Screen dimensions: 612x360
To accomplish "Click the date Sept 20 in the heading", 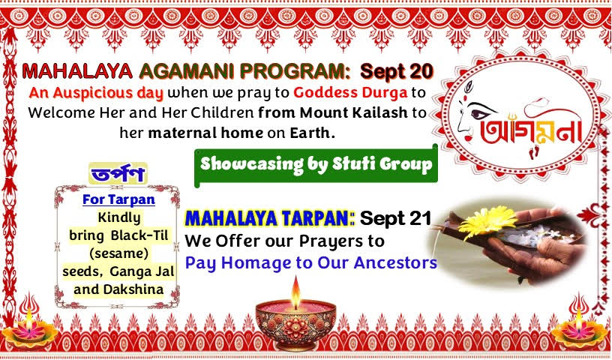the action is point(397,71).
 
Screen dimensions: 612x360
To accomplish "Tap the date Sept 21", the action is point(395,218).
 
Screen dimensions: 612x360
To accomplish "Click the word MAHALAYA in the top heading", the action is point(77,71).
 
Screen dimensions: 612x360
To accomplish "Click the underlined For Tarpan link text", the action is point(118,199).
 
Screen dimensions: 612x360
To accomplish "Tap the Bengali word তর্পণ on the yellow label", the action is point(118,173).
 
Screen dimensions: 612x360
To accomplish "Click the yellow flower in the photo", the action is point(488,221).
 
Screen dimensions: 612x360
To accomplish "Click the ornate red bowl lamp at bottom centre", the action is point(295,325).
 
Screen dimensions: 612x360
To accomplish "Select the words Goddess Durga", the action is point(350,93).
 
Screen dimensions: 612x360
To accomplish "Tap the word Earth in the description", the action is point(312,133).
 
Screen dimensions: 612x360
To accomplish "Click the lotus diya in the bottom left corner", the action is point(30,331).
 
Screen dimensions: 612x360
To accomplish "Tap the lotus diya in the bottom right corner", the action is point(579,331).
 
